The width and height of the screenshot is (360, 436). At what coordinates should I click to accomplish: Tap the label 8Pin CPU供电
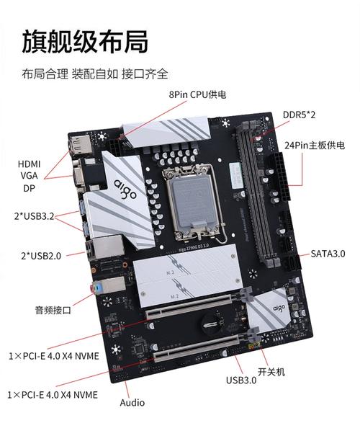coord(198,94)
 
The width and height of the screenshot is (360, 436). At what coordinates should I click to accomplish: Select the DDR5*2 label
coord(300,115)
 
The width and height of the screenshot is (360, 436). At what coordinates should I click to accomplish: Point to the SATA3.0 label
coord(328,254)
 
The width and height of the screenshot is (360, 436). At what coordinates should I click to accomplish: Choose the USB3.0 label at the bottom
coord(240,381)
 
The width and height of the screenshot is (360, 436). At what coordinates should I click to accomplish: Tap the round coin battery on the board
coord(210,319)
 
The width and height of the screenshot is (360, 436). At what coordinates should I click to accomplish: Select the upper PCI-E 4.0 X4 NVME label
coord(53,357)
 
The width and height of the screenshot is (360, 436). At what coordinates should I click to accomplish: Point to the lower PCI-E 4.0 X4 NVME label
coord(53,395)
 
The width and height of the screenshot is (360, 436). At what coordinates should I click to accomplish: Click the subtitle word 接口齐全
coord(147,74)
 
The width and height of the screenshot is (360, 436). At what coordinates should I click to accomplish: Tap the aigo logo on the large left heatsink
coord(121,190)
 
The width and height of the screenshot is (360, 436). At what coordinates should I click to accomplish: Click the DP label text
coord(29,188)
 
